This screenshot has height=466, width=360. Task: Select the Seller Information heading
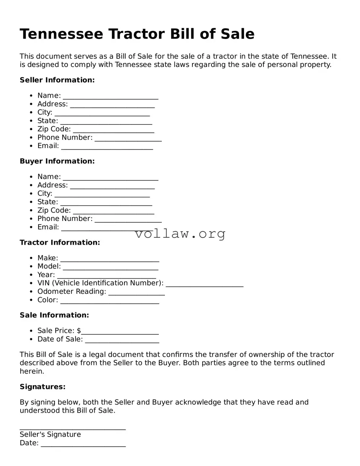point(57,80)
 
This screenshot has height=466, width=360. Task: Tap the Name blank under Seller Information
point(110,96)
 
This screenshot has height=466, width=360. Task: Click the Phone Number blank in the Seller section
point(128,138)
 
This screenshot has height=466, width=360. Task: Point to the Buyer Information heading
point(57,161)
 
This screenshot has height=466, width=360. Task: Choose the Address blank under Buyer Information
point(112,186)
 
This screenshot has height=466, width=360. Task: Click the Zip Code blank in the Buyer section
point(113,211)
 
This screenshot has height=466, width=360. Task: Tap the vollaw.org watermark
point(180,234)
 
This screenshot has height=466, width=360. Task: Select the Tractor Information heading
point(60,243)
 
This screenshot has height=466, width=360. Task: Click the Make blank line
point(110,259)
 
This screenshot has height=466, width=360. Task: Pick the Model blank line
point(110,267)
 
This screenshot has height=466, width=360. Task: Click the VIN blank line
point(205,284)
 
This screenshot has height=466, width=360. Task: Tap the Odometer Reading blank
point(136,292)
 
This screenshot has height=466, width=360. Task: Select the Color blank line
point(110,301)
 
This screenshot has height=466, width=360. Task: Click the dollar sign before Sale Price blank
point(79,331)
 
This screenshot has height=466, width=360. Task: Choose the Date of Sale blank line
point(122,340)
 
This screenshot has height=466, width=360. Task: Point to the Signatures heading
point(42,387)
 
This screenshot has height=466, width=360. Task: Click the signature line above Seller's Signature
point(73,427)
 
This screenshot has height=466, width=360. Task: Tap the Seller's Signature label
point(50,435)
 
